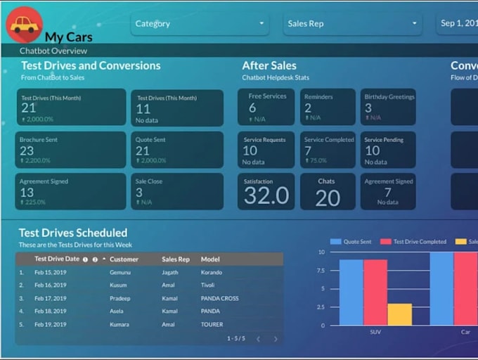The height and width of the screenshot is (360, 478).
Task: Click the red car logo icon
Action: pos(24,24)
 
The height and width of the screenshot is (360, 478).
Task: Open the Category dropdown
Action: pos(200,24)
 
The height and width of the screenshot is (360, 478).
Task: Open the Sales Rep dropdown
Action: pos(352,24)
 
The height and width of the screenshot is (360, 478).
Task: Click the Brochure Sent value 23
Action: pos(27,150)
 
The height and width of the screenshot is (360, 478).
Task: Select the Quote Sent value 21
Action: pos(143,150)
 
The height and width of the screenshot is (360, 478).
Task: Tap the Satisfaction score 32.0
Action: pos(266,196)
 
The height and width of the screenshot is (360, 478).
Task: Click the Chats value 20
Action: pos(328,198)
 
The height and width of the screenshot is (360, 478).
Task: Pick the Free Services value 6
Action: pos(252,108)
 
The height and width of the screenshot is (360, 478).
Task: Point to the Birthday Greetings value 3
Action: pos(368,108)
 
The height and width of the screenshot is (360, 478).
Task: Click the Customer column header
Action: pos(124,259)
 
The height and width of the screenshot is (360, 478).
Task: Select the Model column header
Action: pos(210,259)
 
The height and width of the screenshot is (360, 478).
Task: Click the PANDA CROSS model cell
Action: pos(219,298)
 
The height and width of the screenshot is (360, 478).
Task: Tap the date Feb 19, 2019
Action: pos(51,324)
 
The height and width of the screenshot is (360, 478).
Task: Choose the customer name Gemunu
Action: pos(120,272)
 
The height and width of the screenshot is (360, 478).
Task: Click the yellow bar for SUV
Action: pos(399,314)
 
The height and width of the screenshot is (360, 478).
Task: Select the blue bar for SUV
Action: pos(351,292)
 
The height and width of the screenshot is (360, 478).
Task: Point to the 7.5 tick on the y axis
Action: pos(320,270)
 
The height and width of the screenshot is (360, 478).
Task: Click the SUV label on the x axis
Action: pos(375,332)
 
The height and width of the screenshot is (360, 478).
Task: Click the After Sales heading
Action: pos(269,65)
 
